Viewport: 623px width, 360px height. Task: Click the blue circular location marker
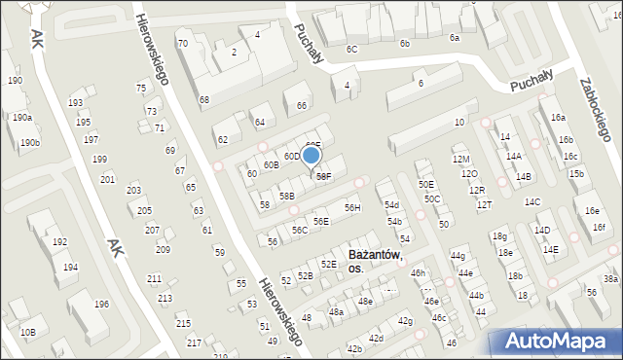(311, 155)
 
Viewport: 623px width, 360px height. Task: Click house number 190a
(22, 117)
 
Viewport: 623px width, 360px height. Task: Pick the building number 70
(182, 43)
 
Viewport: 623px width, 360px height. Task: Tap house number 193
(75, 102)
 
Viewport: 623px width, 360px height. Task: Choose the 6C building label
(351, 49)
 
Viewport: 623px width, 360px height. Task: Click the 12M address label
(460, 159)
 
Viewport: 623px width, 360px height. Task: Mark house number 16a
(558, 117)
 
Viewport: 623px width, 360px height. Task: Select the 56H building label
(352, 207)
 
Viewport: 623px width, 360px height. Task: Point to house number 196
(101, 304)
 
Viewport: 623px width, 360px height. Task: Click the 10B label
(27, 333)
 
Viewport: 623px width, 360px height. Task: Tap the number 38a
(610, 279)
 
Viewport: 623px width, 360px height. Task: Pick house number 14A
(513, 156)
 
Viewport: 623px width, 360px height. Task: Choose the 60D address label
(291, 156)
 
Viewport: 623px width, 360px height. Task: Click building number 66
(302, 105)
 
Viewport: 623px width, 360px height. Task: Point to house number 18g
(499, 236)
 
